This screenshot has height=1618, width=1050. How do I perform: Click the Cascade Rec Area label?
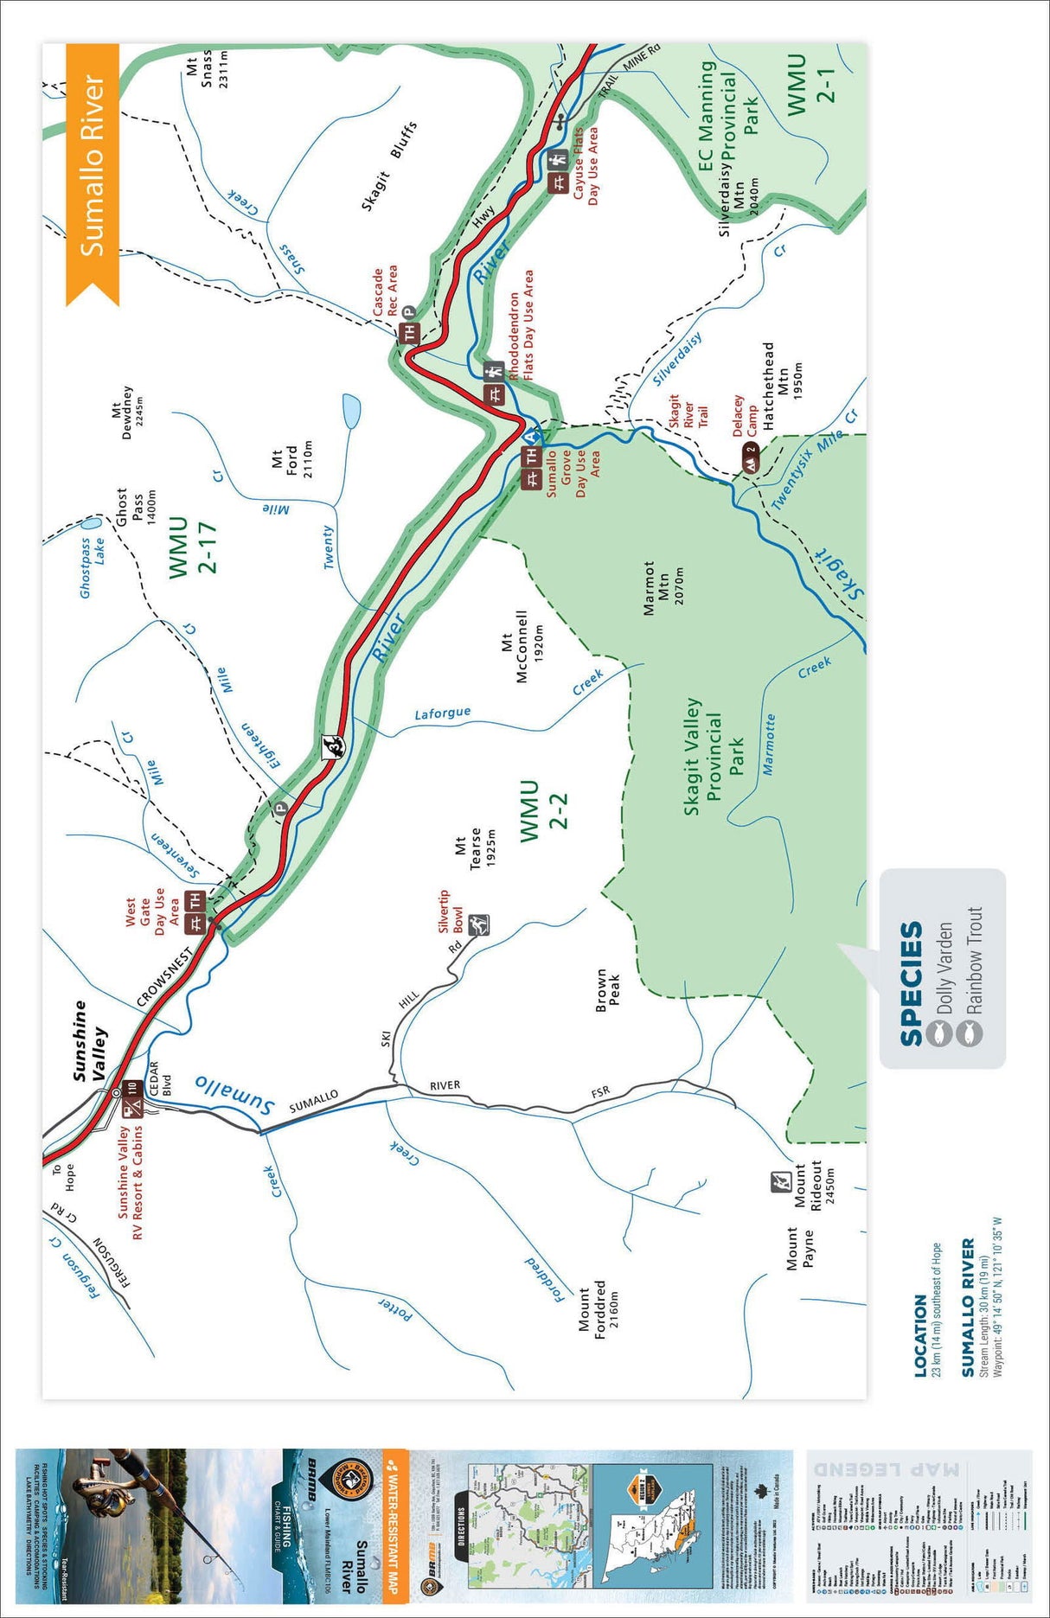(385, 291)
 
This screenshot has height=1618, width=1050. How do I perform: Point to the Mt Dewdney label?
(127, 412)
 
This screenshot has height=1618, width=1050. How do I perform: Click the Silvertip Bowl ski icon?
(479, 926)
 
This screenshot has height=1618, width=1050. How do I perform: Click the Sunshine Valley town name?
(90, 1040)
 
